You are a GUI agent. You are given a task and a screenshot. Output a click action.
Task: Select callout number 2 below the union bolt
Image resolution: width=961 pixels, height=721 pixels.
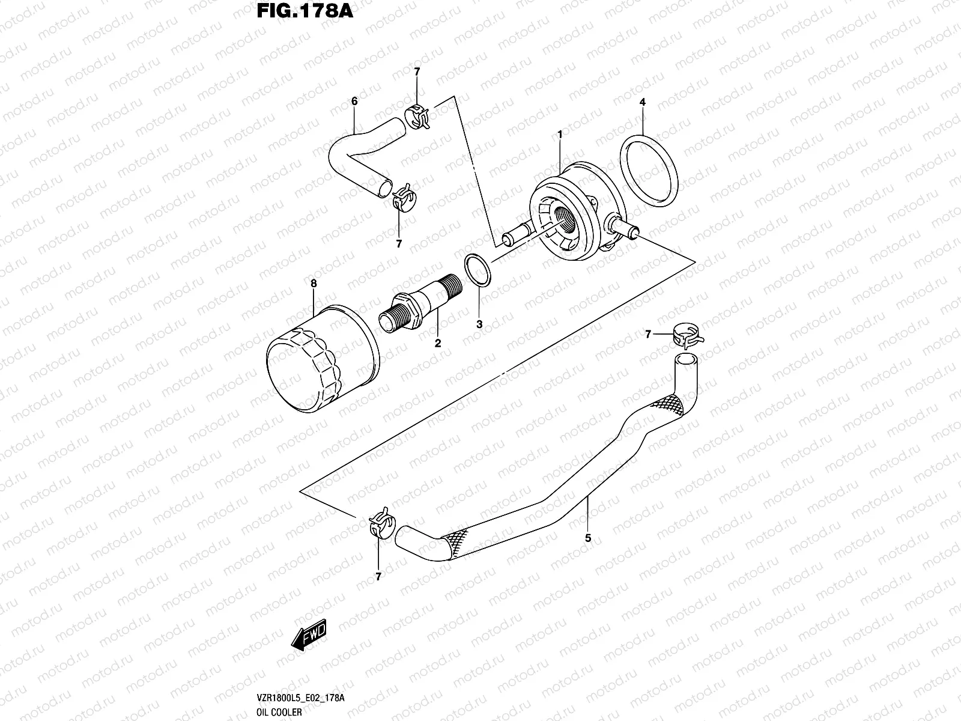point(438,343)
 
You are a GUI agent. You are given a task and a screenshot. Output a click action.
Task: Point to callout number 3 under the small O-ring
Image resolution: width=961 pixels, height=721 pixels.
point(479,324)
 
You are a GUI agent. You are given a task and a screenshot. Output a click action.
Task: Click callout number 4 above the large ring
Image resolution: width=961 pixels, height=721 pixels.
point(642,102)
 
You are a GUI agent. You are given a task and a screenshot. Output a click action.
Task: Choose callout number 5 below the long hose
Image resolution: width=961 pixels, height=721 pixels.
point(588,538)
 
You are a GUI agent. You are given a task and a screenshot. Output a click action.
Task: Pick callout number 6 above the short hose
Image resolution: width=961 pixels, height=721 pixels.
point(354,102)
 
